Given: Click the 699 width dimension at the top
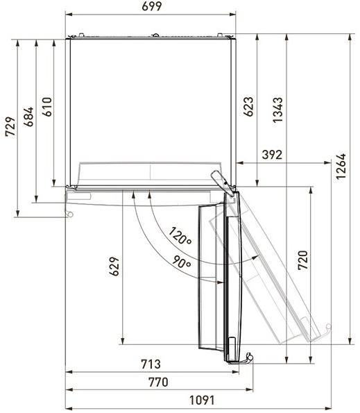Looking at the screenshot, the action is tap(152, 6).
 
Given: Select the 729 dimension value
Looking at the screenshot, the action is tap(11, 127).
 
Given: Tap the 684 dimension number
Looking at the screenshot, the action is tap(28, 117).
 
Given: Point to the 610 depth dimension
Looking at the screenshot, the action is tap(47, 107).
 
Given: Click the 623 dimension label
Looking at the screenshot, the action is tap(248, 107).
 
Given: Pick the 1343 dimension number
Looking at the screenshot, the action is tap(277, 110).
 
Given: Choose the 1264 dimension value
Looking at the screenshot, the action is tap(341, 166).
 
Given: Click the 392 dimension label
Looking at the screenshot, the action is tap(272, 155).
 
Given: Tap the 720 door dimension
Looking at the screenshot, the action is tap(302, 260).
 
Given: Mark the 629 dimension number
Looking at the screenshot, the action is tap(114, 267).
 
